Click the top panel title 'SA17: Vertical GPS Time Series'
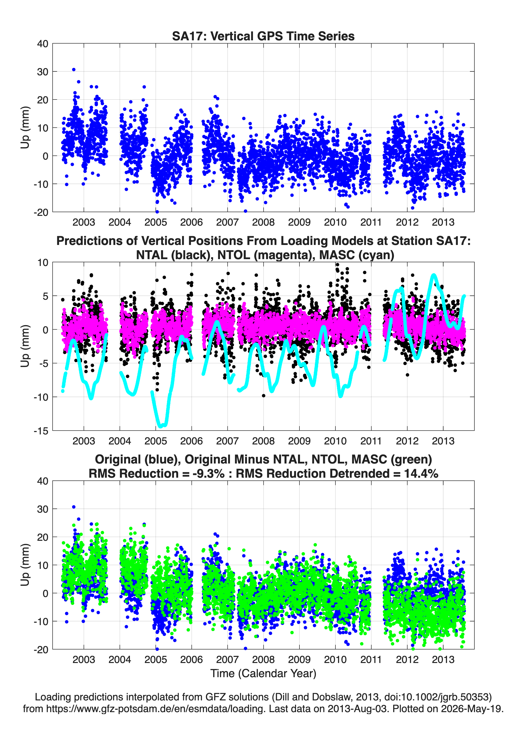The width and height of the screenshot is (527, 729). [x=263, y=36]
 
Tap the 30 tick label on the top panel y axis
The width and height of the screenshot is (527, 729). [x=43, y=72]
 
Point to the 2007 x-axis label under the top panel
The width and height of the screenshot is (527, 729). [x=228, y=222]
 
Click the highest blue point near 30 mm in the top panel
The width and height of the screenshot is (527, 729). [x=74, y=69]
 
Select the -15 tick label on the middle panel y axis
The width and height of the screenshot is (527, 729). [x=41, y=431]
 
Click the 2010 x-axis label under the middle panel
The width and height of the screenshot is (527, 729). [x=335, y=441]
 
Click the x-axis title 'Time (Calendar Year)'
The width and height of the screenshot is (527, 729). [x=263, y=674]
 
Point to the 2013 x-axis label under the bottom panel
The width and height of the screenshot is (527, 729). [x=443, y=660]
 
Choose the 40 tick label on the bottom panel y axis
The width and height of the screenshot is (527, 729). [x=43, y=481]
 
